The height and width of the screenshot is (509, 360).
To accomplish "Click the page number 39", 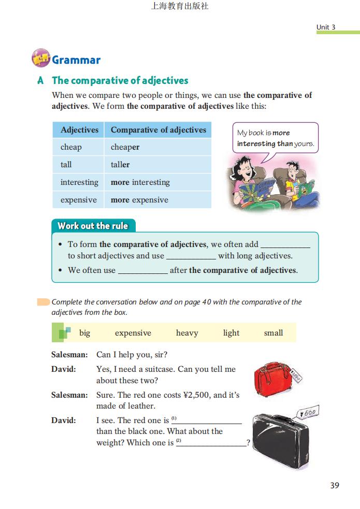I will [334, 486].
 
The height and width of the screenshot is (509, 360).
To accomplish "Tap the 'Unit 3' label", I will [326, 27].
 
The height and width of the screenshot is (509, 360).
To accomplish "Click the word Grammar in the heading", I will [76, 60].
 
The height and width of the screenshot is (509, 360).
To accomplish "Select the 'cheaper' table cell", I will [125, 147].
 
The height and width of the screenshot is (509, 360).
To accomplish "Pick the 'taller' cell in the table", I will [120, 165].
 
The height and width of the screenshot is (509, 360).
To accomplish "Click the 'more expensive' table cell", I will [139, 200].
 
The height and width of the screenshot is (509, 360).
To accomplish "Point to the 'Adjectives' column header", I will [79, 130].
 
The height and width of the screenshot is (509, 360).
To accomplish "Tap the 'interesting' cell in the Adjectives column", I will [79, 182].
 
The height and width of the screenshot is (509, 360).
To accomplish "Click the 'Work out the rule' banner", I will [93, 226].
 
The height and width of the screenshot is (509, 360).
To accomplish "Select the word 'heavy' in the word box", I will [187, 333].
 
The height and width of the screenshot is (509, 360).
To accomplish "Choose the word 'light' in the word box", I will [231, 333].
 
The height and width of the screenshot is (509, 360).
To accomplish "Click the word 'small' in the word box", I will [273, 333].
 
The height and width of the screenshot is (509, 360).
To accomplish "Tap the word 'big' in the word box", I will [84, 333].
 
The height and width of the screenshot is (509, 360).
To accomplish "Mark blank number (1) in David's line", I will [210, 420].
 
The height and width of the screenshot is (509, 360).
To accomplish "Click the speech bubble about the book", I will [275, 138].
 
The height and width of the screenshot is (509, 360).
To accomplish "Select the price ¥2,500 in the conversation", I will [197, 395].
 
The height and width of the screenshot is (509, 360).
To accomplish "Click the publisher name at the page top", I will [180, 7].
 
